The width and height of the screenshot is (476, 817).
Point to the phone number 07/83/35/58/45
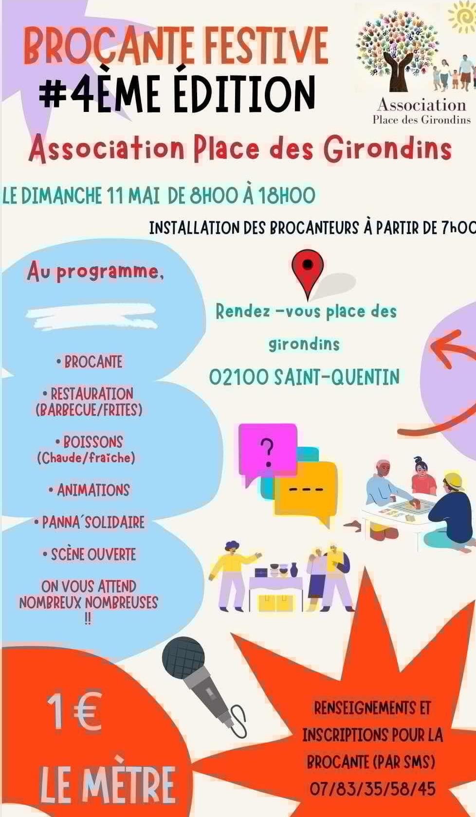tap(372, 789)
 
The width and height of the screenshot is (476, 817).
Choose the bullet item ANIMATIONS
tap(90, 490)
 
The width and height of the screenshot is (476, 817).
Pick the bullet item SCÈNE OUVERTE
tap(90, 554)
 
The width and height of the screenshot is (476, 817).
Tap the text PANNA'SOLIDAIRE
tap(90, 522)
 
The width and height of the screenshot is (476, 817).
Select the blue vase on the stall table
tap(293, 570)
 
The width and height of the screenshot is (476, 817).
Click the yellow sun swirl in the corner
tap(462, 17)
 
